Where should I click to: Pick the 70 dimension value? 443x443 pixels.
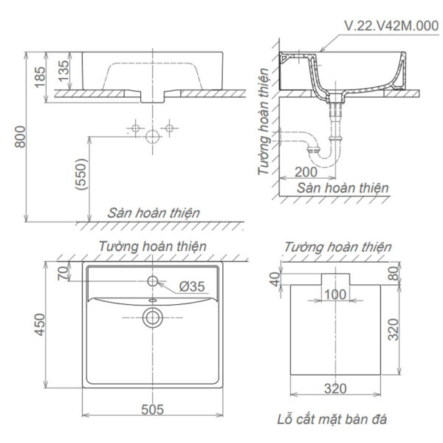[63, 275]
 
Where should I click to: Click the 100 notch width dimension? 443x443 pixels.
[336, 295]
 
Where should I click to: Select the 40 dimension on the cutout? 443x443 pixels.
[275, 278]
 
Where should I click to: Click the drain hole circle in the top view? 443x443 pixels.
[153, 318]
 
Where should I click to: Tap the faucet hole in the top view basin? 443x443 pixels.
[153, 281]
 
